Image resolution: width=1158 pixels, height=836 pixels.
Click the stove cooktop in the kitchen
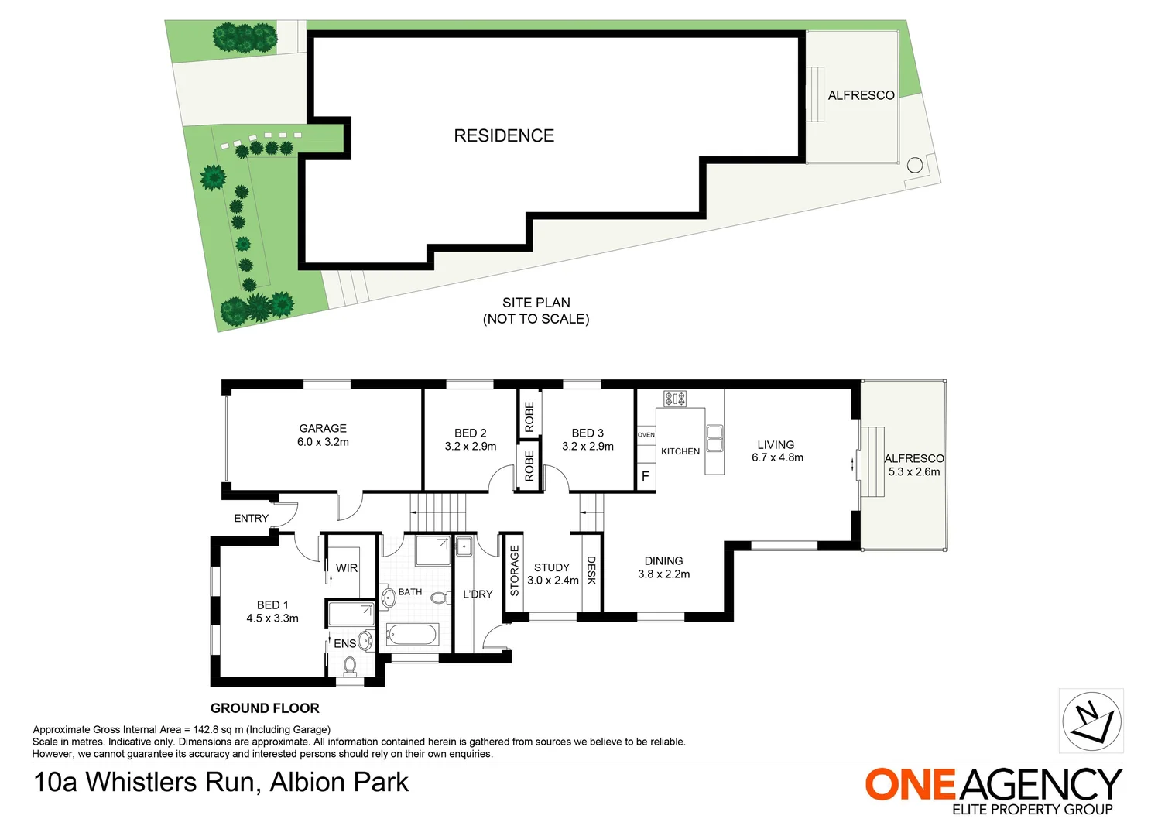click(675, 399)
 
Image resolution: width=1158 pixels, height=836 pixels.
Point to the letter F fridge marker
click(646, 477)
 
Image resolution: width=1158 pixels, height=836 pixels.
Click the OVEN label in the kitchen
click(646, 435)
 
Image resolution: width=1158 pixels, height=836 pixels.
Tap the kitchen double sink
click(714, 439)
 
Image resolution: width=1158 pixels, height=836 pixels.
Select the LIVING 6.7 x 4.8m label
click(776, 451)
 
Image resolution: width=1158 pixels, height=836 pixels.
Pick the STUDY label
click(552, 567)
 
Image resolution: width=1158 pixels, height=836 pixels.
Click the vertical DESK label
click(591, 570)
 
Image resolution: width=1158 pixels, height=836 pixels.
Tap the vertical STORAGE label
click(514, 570)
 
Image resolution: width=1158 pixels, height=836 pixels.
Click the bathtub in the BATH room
click(413, 636)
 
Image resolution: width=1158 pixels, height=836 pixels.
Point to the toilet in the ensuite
click(350, 664)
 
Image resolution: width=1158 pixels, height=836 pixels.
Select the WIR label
click(347, 568)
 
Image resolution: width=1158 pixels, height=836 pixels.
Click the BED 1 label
click(272, 605)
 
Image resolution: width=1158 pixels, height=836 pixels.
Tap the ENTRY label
click(252, 519)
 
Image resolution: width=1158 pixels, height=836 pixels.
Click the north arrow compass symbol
click(1091, 721)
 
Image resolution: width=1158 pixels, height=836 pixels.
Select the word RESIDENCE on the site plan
click(504, 136)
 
